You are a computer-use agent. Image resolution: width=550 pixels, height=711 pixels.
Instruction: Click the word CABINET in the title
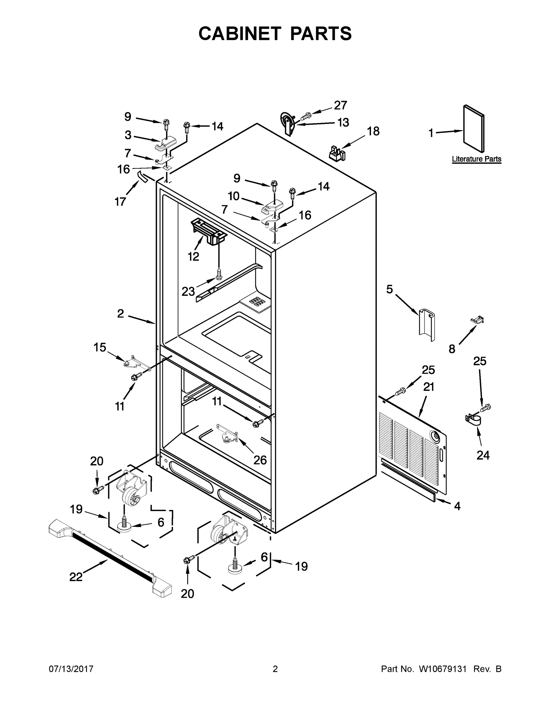point(240,33)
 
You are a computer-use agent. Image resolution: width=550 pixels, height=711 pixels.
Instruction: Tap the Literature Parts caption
point(476,159)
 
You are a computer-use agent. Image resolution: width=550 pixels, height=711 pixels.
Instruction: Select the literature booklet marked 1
point(474,128)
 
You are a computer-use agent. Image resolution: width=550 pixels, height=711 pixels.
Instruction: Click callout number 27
point(340,105)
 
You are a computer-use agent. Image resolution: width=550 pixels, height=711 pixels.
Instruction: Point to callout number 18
point(373,131)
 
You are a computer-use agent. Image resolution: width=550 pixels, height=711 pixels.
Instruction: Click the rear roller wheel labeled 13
point(287,123)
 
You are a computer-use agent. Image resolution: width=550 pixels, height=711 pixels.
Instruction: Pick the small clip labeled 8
point(478,320)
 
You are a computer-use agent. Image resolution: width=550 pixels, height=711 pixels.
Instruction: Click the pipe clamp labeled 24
point(473,420)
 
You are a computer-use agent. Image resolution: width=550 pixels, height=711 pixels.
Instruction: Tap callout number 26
point(260,460)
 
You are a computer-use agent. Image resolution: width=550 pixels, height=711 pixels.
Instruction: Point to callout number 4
point(457,506)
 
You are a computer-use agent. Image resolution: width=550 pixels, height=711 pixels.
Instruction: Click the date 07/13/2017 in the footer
point(71,669)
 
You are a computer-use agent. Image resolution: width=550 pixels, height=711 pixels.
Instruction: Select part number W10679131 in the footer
point(442,669)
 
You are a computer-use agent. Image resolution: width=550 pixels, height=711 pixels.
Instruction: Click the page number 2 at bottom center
point(275,669)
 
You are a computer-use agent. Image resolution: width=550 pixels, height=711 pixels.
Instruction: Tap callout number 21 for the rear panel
point(429,387)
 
